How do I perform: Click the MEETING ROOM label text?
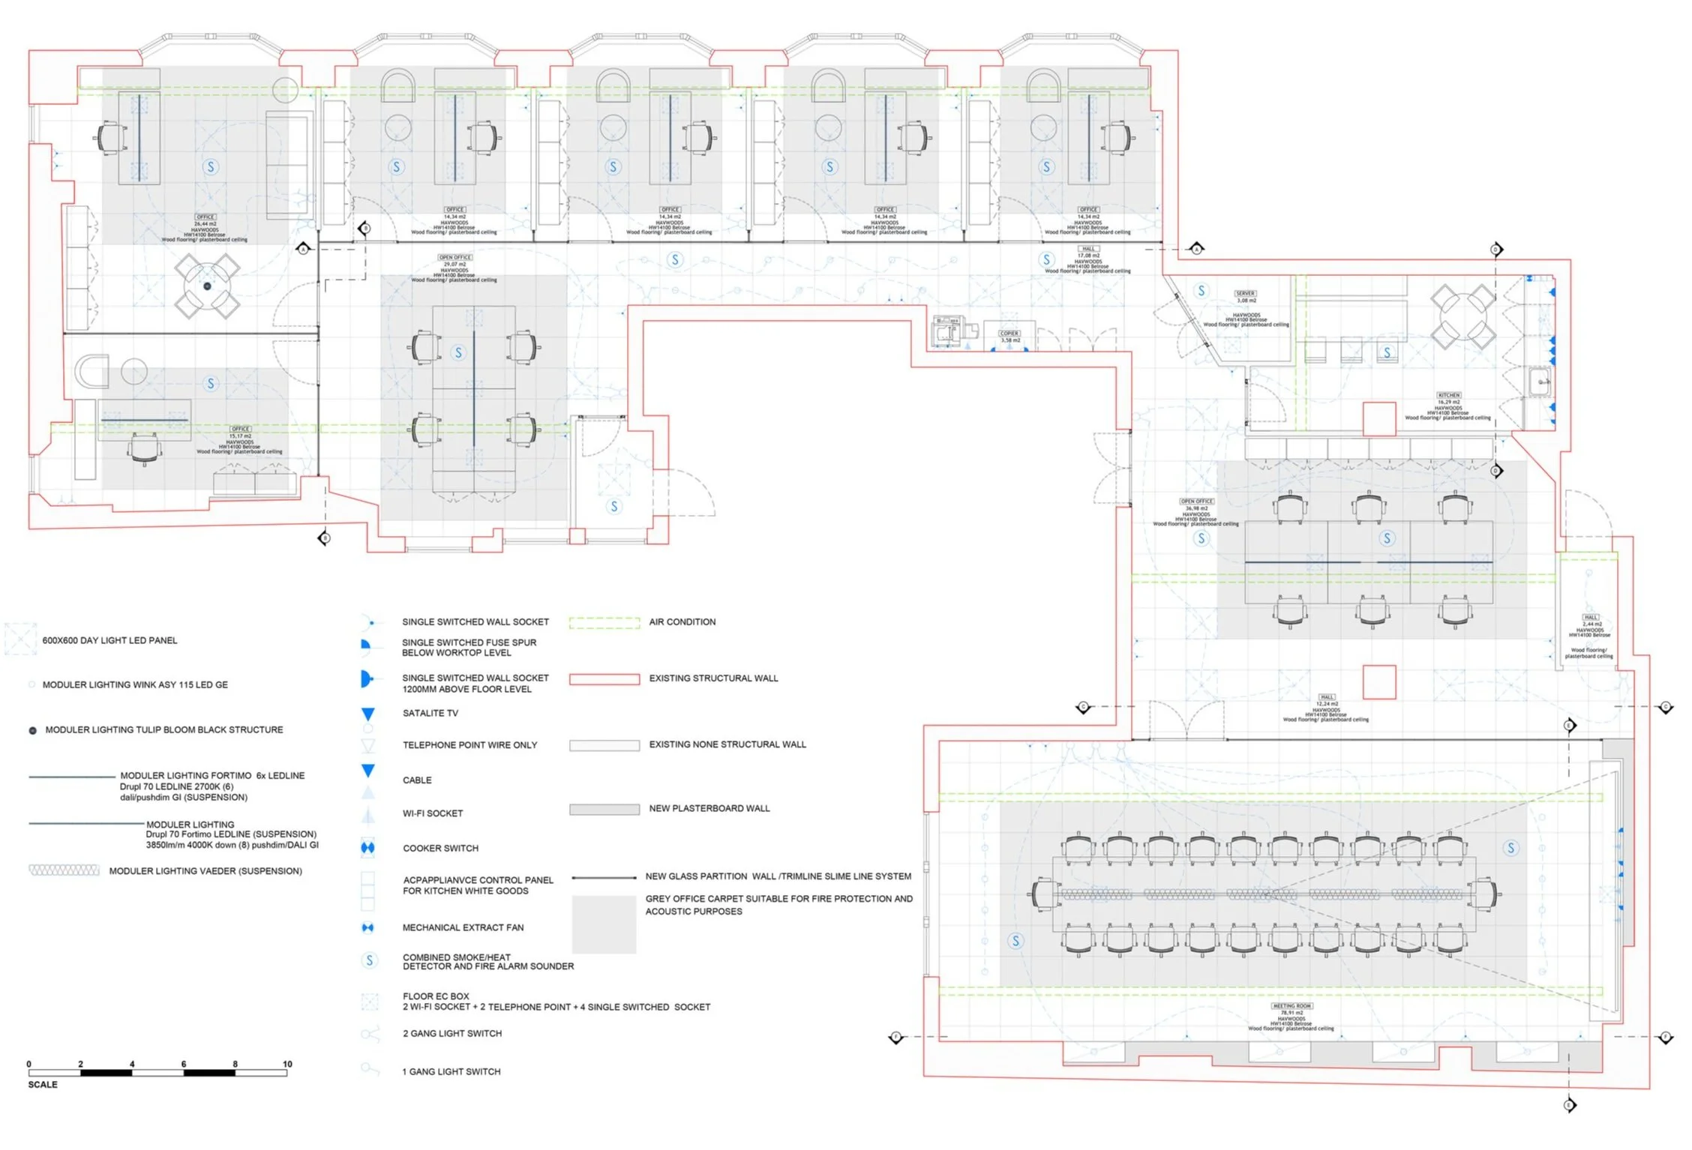(1291, 1006)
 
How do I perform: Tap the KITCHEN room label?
(1448, 395)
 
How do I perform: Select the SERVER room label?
(1245, 293)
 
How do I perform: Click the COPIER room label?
(1009, 333)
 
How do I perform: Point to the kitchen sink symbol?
(1540, 382)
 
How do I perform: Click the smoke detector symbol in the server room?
(1201, 291)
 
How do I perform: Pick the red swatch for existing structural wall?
(604, 679)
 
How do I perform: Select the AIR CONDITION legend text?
(682, 622)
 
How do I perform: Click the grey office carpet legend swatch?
(604, 924)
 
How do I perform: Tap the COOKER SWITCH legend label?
(440, 849)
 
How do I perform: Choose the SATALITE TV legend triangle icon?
(367, 714)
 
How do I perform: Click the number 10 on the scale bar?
(287, 1064)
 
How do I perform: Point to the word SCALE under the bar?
(43, 1085)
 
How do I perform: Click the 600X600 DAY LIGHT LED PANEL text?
(109, 641)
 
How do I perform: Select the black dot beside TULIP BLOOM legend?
(32, 730)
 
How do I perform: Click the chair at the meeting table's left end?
(1043, 894)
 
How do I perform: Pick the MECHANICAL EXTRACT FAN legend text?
(463, 928)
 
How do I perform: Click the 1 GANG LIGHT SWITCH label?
(451, 1072)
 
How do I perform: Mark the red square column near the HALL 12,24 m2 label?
(1378, 682)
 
